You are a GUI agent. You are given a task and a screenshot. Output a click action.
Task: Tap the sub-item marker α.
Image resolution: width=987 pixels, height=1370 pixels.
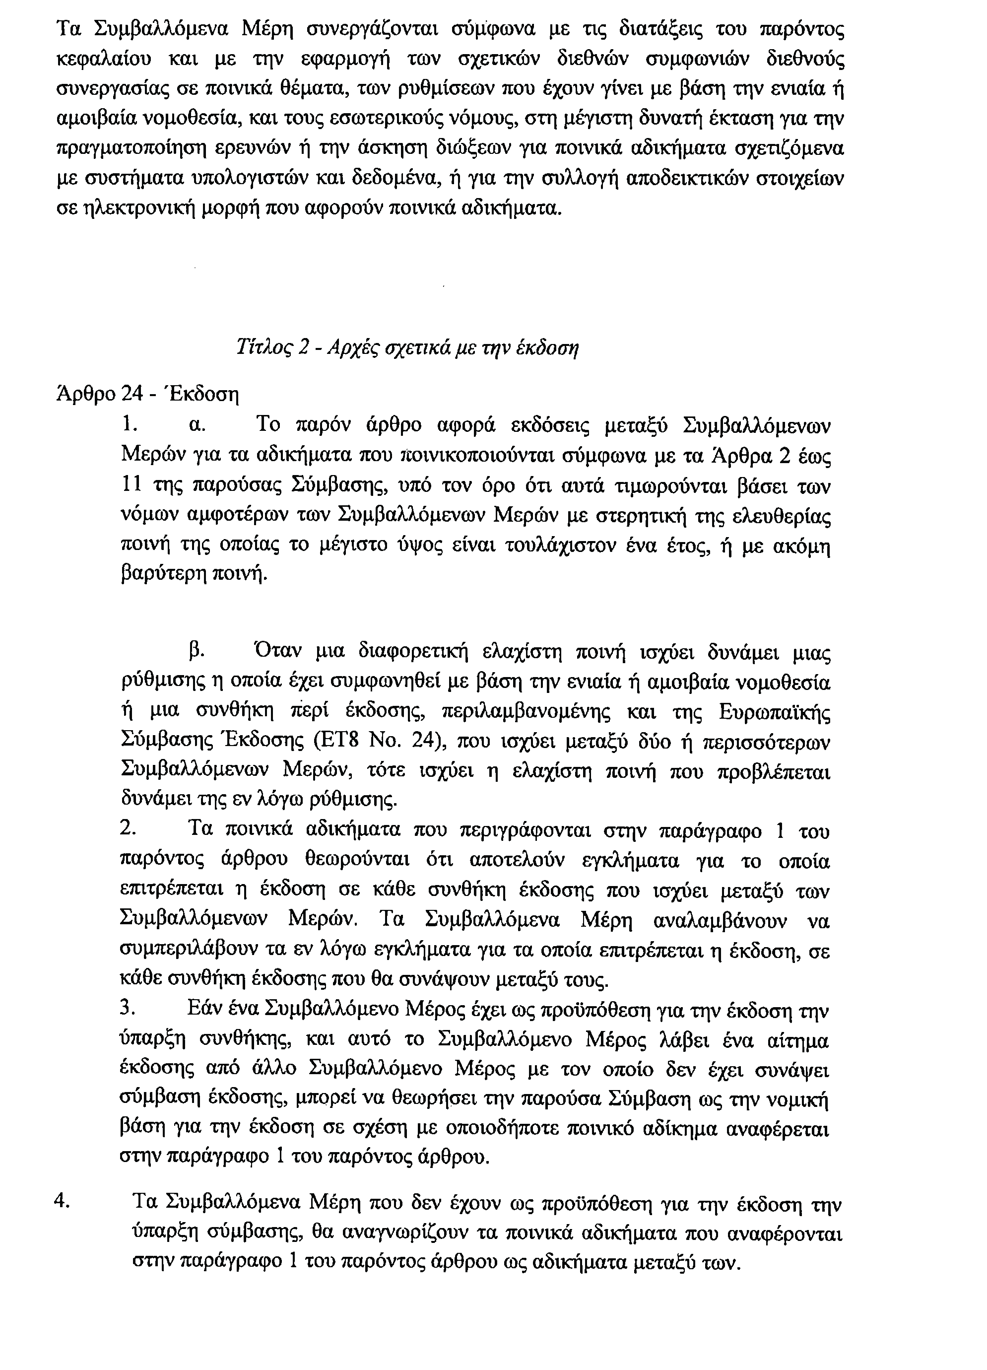point(197,425)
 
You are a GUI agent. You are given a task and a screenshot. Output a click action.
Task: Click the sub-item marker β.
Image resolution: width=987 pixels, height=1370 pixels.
point(195,652)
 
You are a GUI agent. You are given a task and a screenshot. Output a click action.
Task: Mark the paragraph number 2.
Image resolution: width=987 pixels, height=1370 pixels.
point(127,828)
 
